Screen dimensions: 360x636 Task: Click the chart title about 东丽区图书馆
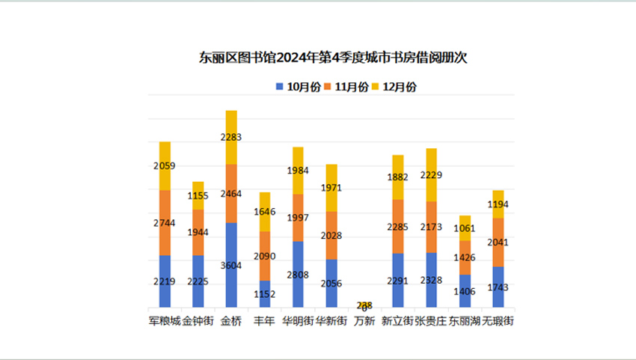(x=333, y=58)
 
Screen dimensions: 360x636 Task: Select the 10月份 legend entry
(x=299, y=87)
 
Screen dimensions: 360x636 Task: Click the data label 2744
(x=165, y=223)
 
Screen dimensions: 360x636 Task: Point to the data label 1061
(x=465, y=229)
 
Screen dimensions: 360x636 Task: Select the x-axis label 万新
(x=364, y=321)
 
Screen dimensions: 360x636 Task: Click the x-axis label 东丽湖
(x=465, y=321)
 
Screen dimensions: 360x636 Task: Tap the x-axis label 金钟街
(x=198, y=321)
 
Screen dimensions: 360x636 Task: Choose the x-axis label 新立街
(x=397, y=321)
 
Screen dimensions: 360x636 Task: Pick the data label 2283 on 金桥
(x=231, y=138)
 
